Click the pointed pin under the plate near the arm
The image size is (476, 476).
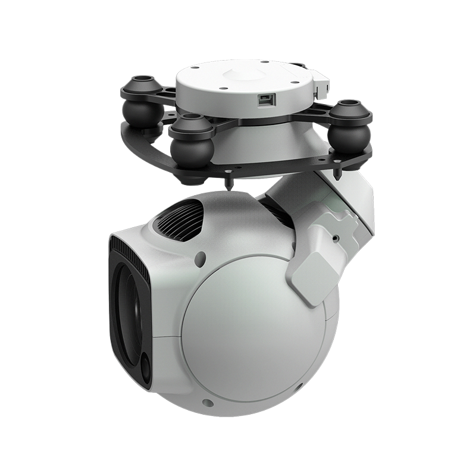tap(337, 173)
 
